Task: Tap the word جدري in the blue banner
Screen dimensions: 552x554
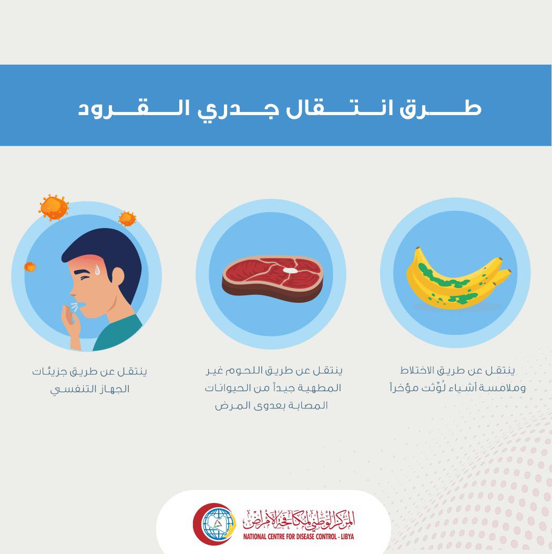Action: click(x=238, y=109)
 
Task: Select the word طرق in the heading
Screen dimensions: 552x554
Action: click(x=441, y=108)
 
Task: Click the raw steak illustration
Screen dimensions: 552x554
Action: click(x=272, y=278)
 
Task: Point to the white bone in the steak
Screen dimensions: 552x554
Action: click(x=290, y=270)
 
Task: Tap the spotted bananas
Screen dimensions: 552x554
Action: click(x=458, y=279)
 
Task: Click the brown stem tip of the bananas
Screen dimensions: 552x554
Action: click(x=417, y=250)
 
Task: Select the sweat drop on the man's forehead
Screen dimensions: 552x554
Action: click(x=97, y=270)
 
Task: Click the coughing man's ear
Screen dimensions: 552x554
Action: click(x=117, y=276)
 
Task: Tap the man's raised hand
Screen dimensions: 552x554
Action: click(x=71, y=324)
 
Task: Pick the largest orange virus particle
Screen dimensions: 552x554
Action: click(x=54, y=207)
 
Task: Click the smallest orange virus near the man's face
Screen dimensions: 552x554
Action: click(x=30, y=267)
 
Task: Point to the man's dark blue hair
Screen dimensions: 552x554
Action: click(x=106, y=255)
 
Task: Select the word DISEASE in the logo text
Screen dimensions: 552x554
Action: click(x=301, y=537)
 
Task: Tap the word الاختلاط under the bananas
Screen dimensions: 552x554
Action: click(x=417, y=370)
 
